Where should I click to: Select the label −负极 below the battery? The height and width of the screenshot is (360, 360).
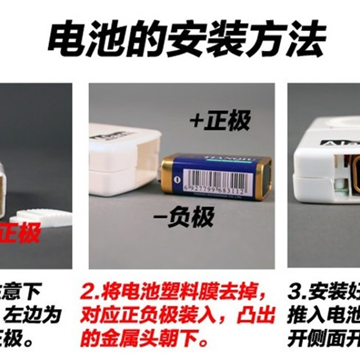coord(189,218)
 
